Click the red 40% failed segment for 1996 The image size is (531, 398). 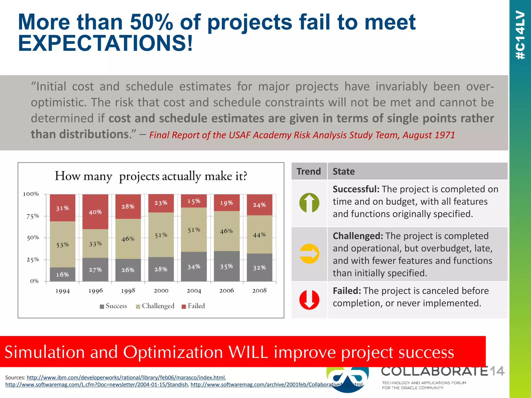pyautogui.click(x=95, y=212)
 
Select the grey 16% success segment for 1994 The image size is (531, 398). pyautogui.click(x=62, y=274)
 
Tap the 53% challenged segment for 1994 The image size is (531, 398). pyautogui.click(x=62, y=244)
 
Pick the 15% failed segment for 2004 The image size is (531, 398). pyautogui.click(x=194, y=201)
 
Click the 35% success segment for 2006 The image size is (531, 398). pyautogui.click(x=226, y=266)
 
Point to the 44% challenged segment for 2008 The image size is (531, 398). pyautogui.click(x=259, y=234)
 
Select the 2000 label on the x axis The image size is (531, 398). pyautogui.click(x=161, y=291)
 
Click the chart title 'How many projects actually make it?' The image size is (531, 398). pyautogui.click(x=151, y=176)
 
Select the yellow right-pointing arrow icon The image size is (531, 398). pyautogui.click(x=309, y=254)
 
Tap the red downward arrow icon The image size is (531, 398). pyautogui.click(x=309, y=300)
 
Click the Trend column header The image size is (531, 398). pyautogui.click(x=309, y=172)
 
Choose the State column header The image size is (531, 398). pyautogui.click(x=344, y=172)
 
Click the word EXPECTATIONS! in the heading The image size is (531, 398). pyautogui.click(x=105, y=43)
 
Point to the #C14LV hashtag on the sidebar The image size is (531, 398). pyautogui.click(x=520, y=35)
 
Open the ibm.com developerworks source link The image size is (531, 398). pyautogui.click(x=126, y=378)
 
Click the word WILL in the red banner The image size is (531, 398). pyautogui.click(x=248, y=352)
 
